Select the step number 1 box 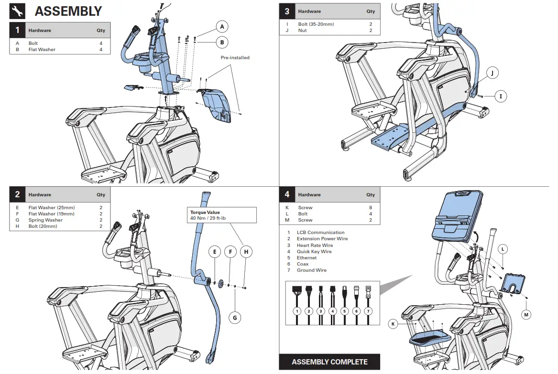coord(17,31)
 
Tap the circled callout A coord(222,26)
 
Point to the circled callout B coord(222,43)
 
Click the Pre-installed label coord(235,58)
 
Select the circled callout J coord(492,73)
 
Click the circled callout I coord(501,96)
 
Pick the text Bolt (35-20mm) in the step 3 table coord(316,24)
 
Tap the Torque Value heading coord(205,212)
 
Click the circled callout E coord(215,252)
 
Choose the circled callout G coord(235,317)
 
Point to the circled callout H coord(246,252)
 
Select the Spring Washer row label coord(45,220)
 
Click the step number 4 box coord(287,195)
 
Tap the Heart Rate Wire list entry coord(315,246)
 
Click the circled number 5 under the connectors coord(344,311)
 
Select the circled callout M coord(526,314)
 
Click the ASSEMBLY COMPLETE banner coord(329,362)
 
